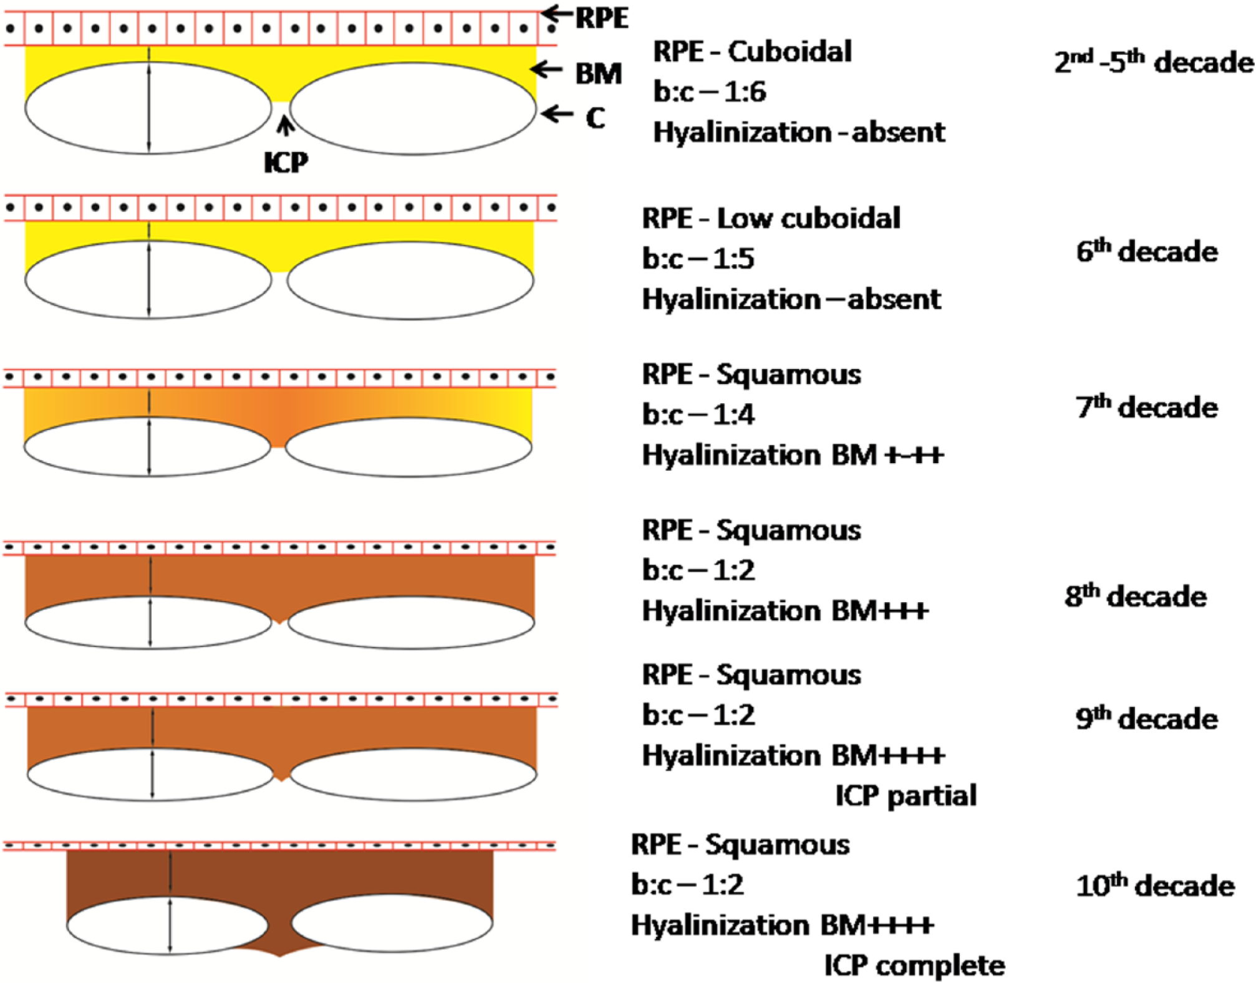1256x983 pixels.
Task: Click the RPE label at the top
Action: click(x=601, y=18)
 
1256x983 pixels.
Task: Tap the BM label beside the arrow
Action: click(x=598, y=74)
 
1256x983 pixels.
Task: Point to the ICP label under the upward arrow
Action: click(x=286, y=162)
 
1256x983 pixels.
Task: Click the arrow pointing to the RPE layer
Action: click(x=556, y=12)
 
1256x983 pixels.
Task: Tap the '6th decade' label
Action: click(x=1146, y=251)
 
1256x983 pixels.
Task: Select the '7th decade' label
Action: click(x=1146, y=407)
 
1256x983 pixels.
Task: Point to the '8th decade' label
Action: click(x=1135, y=596)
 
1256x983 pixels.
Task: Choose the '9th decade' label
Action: click(x=1146, y=718)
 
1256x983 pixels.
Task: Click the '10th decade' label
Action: click(x=1154, y=885)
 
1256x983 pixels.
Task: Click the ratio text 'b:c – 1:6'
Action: click(x=710, y=92)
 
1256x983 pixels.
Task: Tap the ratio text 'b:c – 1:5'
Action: click(x=698, y=258)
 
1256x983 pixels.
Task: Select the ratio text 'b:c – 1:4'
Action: click(x=698, y=414)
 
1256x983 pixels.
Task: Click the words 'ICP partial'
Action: click(x=906, y=795)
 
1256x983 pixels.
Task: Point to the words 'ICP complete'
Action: click(x=914, y=966)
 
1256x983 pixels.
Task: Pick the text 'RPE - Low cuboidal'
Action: click(x=771, y=218)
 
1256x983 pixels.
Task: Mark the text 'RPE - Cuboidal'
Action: click(x=752, y=51)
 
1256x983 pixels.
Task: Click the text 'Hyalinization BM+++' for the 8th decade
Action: click(x=785, y=610)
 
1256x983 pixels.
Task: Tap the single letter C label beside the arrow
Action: click(x=596, y=118)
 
